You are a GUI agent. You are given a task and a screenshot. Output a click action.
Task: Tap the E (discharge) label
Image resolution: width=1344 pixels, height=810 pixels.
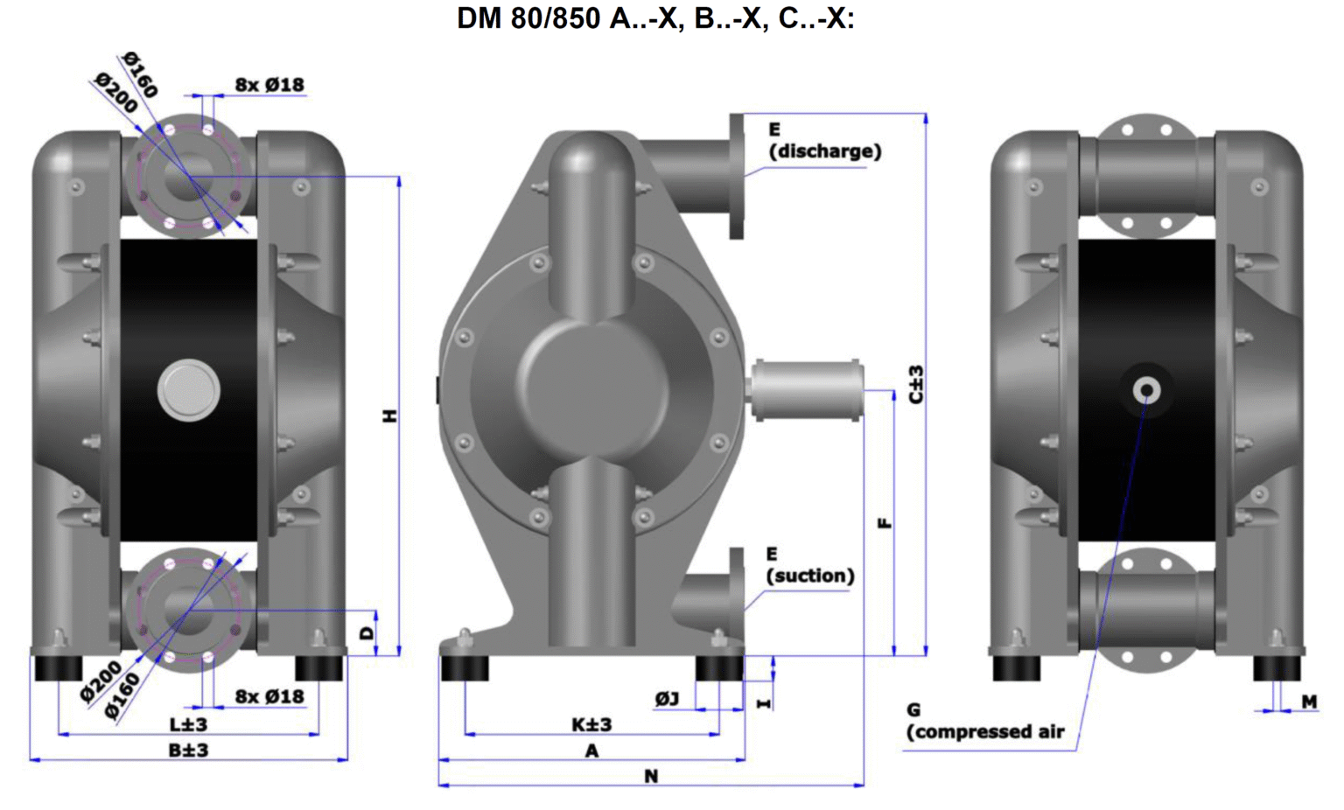(x=823, y=141)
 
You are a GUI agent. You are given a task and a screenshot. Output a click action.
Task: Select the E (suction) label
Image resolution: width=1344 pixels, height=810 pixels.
(x=809, y=566)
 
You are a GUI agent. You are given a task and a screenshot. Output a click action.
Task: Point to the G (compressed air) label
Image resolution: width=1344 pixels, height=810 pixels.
(x=985, y=722)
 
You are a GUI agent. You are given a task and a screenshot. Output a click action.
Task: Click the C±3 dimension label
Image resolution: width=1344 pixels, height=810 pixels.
(x=916, y=385)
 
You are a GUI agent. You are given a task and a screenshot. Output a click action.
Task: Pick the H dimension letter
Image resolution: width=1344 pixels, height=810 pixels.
(x=390, y=415)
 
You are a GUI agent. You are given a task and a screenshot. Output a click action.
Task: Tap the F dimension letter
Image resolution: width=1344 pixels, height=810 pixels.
(x=885, y=523)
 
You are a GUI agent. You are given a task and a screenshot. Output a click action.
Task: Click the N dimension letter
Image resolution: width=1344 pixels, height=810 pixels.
(x=650, y=776)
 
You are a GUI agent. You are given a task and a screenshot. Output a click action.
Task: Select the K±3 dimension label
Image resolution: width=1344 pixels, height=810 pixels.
(x=591, y=724)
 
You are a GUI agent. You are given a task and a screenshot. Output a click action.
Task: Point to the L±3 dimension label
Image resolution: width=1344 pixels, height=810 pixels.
(x=188, y=724)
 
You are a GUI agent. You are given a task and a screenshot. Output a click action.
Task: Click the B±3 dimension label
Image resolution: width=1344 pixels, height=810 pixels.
(x=188, y=751)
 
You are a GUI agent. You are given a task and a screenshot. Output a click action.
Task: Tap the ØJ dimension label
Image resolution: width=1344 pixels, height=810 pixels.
(x=667, y=699)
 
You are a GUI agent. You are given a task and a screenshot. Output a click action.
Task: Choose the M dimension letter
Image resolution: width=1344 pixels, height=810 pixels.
(x=1309, y=702)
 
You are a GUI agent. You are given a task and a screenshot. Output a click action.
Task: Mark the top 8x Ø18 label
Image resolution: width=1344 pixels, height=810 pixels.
(x=269, y=85)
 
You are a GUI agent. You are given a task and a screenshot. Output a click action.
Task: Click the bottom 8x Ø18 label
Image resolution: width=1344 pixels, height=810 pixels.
(x=269, y=696)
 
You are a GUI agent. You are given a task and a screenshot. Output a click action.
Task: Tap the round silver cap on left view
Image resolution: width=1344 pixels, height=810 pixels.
(x=189, y=390)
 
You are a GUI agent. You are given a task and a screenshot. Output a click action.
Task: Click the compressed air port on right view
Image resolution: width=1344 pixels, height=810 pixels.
(x=1146, y=390)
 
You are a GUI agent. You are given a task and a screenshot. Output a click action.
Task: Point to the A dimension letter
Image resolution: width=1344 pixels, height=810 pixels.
(x=591, y=751)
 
